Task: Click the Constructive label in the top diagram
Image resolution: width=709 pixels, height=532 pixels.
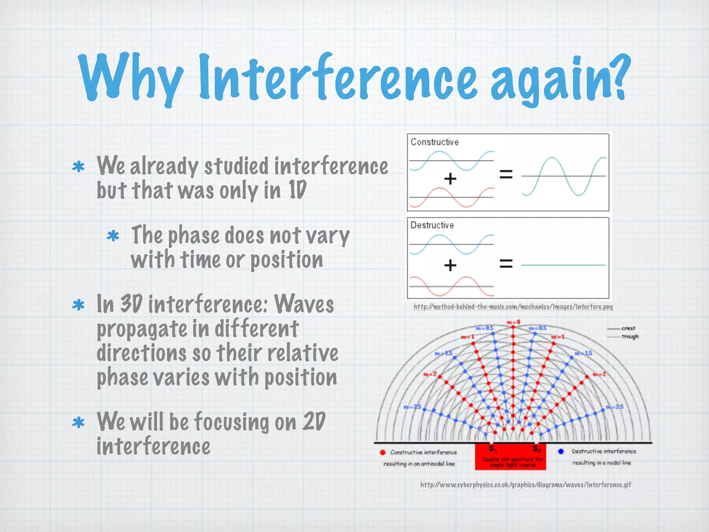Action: pos(434,142)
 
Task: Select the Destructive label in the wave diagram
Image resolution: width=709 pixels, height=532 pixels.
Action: pos(432,225)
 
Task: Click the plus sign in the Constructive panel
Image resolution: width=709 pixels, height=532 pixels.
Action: pos(450,179)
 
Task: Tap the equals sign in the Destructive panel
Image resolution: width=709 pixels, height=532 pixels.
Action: pos(506,264)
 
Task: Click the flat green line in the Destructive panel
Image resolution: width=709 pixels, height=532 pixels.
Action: pos(564,265)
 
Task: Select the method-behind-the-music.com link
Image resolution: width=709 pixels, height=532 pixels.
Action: pos(513,307)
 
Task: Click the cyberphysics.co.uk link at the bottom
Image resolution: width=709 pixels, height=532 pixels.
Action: pos(526,485)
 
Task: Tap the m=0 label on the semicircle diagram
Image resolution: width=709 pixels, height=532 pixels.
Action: pos(513,322)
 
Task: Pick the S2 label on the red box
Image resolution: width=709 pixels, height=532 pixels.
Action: pos(537,449)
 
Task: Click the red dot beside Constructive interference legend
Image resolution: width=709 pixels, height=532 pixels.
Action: pos(383,452)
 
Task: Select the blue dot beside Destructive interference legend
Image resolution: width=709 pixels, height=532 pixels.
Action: pos(561,451)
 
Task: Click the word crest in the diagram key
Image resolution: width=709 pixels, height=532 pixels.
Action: pos(628,328)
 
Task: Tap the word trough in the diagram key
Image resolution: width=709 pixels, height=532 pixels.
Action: pos(630,336)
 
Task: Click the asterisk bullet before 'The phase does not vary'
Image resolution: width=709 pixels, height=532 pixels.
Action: pos(113,236)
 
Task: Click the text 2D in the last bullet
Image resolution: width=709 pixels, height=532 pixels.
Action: pos(314,422)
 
